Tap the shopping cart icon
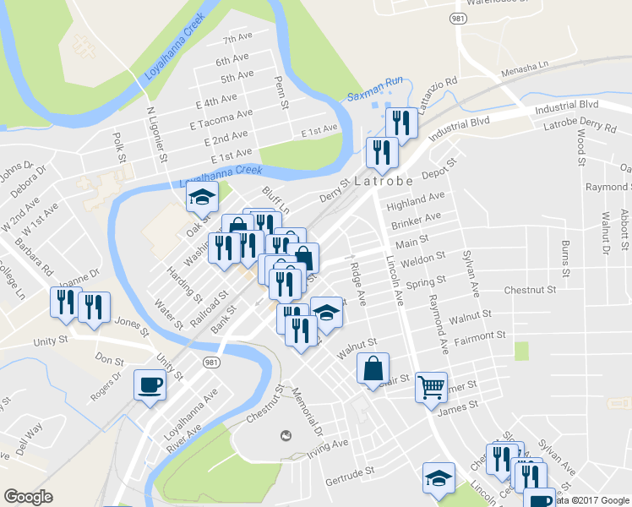tap(431, 387)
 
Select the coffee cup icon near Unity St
tap(150, 385)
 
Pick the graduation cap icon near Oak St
tap(202, 197)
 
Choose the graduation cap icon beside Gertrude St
tap(439, 478)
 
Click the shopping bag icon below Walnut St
tap(373, 368)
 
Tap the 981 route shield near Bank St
tap(210, 361)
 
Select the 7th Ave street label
tap(237, 39)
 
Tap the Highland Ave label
tap(415, 200)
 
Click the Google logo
tap(28, 497)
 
